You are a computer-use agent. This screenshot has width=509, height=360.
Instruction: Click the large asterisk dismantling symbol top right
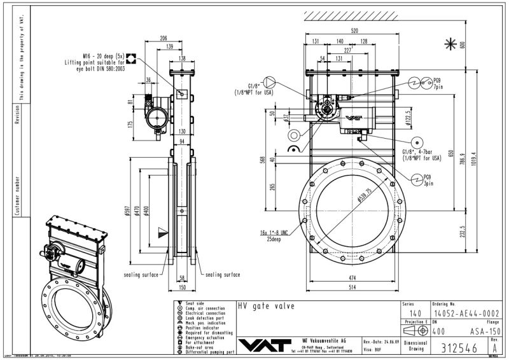pyautogui.click(x=450, y=43)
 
